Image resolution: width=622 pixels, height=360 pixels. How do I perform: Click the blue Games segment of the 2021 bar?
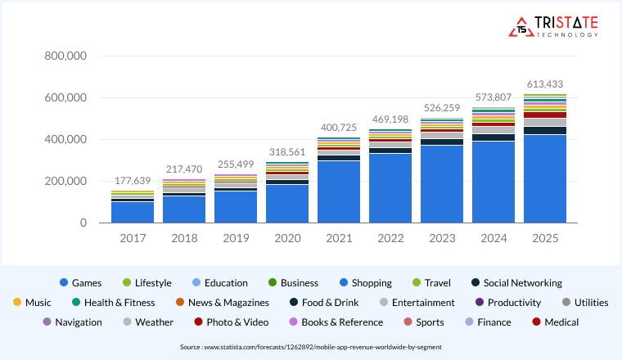point(339,192)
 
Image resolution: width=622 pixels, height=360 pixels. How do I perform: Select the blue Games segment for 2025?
point(545,178)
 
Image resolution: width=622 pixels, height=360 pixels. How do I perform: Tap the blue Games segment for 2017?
point(133,212)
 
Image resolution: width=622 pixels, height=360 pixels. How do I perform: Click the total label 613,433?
point(545,84)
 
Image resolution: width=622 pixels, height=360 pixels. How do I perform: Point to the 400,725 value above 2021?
point(339,128)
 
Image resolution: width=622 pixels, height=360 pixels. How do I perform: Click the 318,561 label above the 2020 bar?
point(287,151)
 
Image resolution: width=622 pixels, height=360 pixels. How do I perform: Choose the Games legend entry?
point(80,283)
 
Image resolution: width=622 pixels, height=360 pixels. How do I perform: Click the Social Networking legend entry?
point(516,283)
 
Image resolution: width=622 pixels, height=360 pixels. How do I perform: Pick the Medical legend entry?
point(556,322)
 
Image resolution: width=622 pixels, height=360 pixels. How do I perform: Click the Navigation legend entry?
point(72,322)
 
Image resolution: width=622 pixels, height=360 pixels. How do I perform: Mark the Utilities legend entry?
point(584,303)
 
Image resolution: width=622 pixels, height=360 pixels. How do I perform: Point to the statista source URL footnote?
point(310,348)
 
